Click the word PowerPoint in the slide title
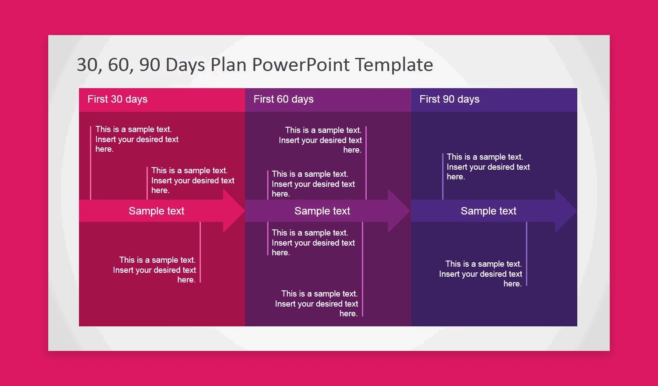301,64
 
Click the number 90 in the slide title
150,64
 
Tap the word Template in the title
394,65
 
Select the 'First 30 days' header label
118,99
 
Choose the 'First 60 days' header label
283,99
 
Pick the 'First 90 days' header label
450,99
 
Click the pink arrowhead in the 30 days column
234,211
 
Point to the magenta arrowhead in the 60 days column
399,211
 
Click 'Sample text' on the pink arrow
156,211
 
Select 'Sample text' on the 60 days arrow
322,211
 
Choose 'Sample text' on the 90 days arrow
488,211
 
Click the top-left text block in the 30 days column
137,139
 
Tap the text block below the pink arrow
154,270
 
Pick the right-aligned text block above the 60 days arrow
320,140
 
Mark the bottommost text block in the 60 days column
316,304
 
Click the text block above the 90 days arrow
488,167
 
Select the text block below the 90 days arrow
481,274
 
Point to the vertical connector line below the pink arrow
200,252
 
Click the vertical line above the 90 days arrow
443,176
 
